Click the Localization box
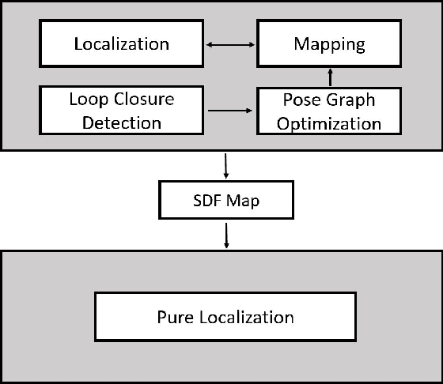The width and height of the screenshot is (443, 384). pos(122,43)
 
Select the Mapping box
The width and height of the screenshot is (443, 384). pos(329,43)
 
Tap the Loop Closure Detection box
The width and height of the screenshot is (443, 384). pos(122,111)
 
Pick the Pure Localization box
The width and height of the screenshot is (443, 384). pos(225,318)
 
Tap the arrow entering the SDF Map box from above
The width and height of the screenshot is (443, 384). pos(227,165)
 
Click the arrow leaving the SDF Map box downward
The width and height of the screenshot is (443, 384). pos(227,235)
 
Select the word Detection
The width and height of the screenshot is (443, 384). pos(122,122)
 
